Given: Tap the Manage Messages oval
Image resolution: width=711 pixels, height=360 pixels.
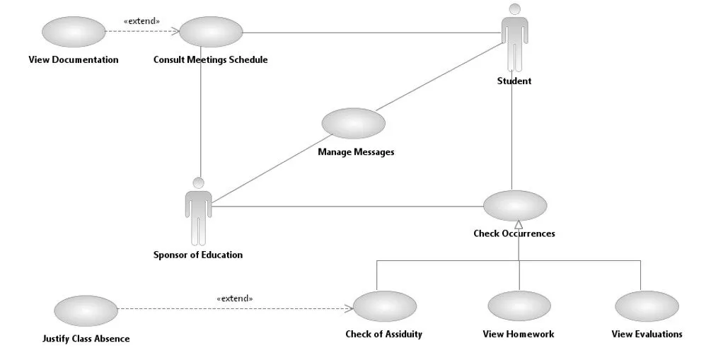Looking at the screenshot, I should coord(353,124).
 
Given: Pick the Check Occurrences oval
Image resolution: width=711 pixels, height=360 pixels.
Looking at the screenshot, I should coord(514,206).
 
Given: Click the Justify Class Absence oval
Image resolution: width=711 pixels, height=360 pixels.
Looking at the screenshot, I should coord(86,310).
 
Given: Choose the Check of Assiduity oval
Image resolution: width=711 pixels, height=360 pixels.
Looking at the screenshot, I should coord(384,306).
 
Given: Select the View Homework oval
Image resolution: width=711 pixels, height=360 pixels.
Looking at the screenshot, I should coord(519,306).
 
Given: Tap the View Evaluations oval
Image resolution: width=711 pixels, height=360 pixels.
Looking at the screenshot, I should coord(647,306).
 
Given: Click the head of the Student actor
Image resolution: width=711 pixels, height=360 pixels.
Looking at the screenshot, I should coord(514,9).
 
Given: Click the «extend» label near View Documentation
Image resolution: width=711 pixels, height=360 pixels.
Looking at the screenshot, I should coord(141,21).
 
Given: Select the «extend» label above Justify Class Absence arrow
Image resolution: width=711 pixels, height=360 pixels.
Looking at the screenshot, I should coord(234,298).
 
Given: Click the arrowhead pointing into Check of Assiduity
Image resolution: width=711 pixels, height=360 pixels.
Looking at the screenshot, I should coord(349,308).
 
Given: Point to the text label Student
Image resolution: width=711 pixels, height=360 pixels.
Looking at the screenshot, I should coord(514,81).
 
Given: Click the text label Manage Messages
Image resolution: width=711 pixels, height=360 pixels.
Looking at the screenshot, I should coord(356,152).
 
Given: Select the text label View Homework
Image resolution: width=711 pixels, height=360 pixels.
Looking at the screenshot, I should coord(519,334).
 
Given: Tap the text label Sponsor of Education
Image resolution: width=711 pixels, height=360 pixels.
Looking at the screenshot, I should coord(198,255).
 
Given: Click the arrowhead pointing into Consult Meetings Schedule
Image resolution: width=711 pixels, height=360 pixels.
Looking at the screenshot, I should coord(175,31).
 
